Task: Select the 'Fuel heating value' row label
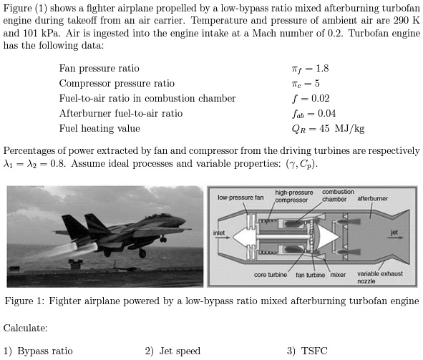pos(99,129)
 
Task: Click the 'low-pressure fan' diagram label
pos(240,197)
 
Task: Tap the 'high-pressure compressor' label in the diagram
pos(293,196)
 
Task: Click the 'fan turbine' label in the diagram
pos(311,275)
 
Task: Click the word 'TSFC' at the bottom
pos(313,351)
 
